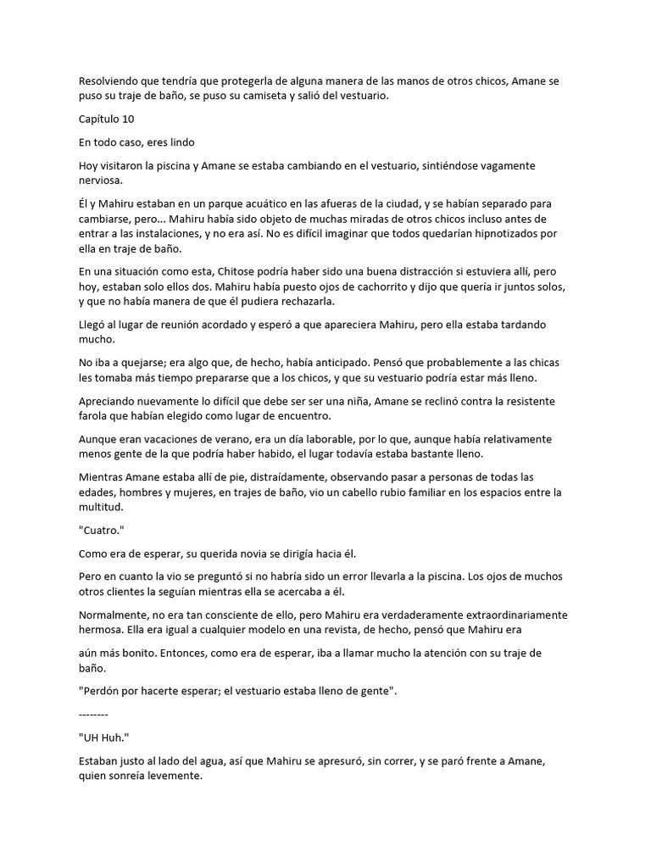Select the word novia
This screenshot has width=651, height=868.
[257, 554]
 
